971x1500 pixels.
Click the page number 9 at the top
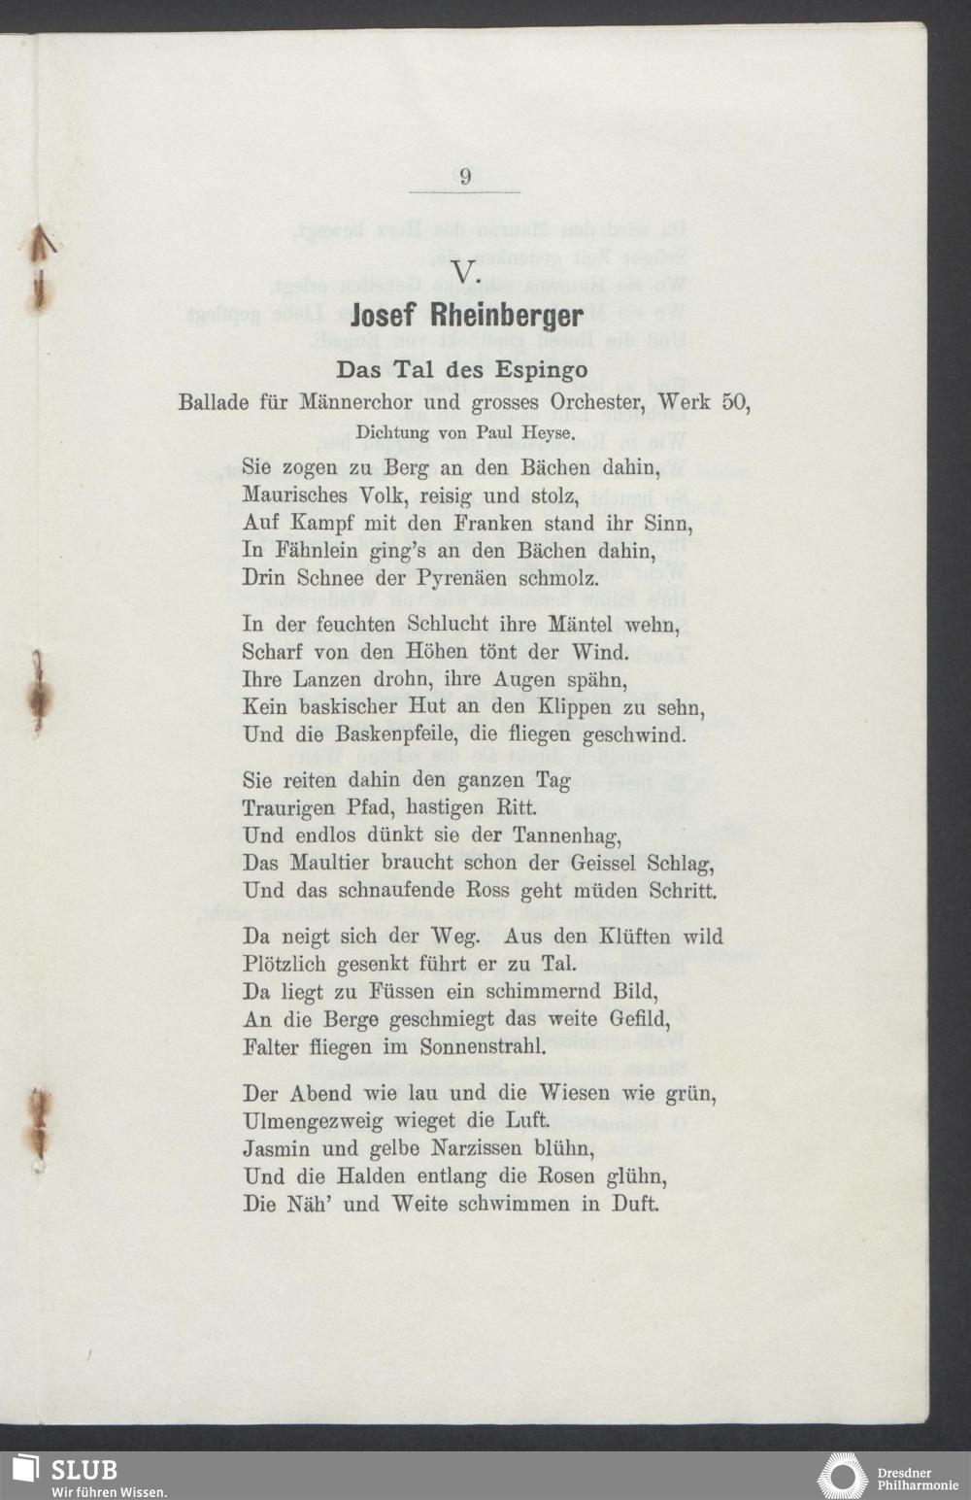point(465,177)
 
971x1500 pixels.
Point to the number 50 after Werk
point(735,401)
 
